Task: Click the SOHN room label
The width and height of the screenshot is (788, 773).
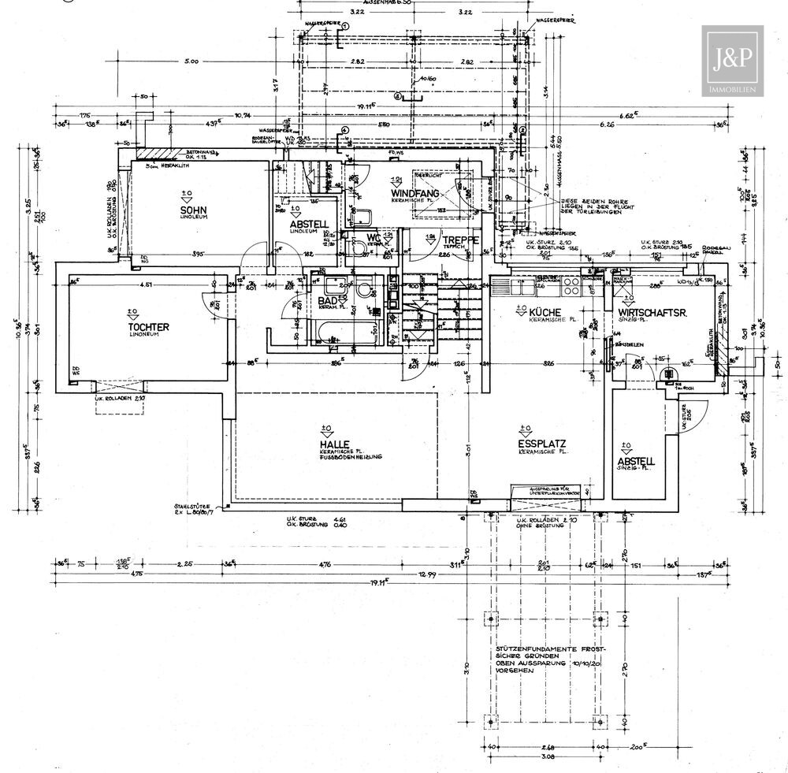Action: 188,210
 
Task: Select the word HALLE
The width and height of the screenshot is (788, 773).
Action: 329,444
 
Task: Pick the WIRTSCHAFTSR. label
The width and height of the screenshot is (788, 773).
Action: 653,313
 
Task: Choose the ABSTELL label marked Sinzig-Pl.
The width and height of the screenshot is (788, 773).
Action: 636,461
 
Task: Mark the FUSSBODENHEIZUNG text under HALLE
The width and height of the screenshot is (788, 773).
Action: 351,457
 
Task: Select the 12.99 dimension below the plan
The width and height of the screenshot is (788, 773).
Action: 426,574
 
